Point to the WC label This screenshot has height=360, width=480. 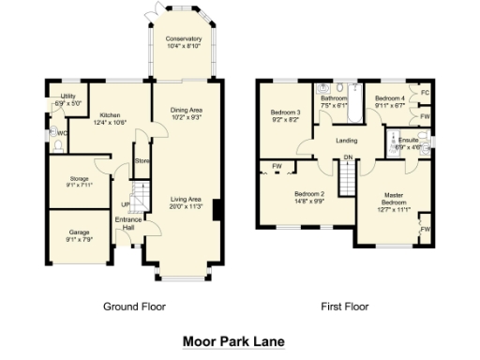(x=62, y=133)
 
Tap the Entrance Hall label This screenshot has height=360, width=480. (x=127, y=223)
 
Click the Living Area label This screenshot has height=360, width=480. (x=186, y=202)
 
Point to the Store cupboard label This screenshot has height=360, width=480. (x=142, y=161)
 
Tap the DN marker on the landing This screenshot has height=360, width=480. (x=347, y=157)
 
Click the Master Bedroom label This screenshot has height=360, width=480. (x=394, y=201)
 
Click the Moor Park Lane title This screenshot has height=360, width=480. (x=232, y=342)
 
